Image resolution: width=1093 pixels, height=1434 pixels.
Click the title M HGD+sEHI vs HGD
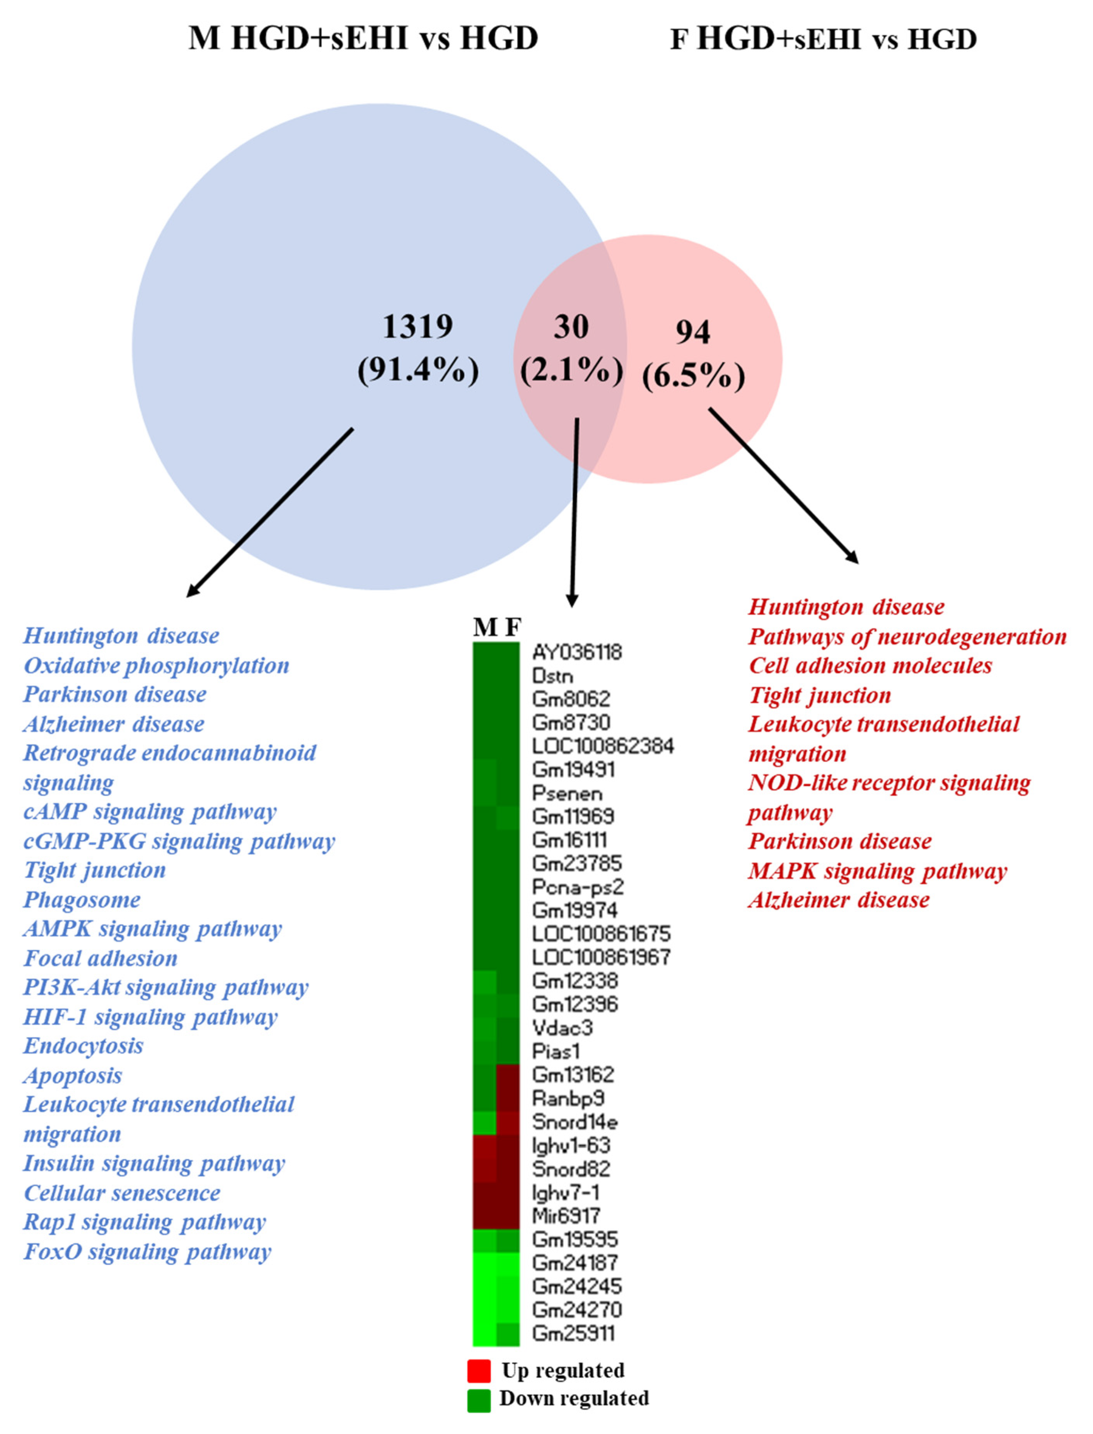tap(363, 38)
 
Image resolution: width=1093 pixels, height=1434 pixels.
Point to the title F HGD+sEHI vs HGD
tap(824, 39)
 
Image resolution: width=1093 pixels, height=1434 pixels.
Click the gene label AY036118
tap(576, 652)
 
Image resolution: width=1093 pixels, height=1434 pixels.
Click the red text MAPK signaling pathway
tap(877, 871)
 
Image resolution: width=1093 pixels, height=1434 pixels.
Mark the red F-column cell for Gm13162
tap(508, 1075)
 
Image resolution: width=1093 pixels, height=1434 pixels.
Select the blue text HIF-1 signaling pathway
tap(150, 1016)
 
